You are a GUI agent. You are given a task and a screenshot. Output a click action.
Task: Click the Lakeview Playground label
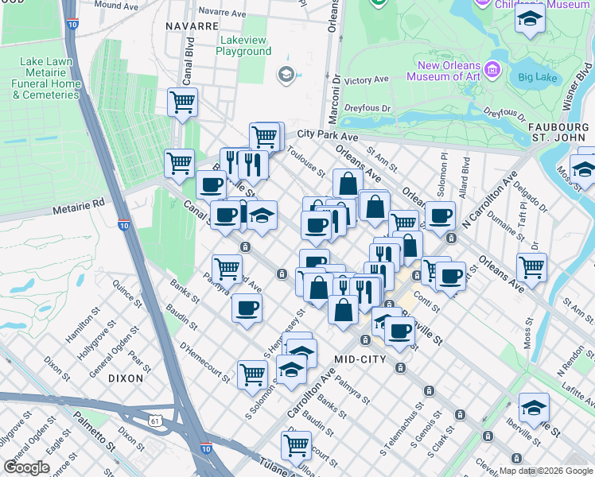pyautogui.click(x=243, y=45)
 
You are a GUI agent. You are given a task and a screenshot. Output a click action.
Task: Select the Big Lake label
pyautogui.click(x=536, y=77)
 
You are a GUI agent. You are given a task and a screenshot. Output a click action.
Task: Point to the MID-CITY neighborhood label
pyautogui.click(x=360, y=359)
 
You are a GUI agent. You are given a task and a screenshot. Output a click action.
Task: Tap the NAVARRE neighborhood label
pyautogui.click(x=192, y=26)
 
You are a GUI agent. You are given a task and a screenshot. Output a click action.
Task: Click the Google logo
pyautogui.click(x=27, y=467)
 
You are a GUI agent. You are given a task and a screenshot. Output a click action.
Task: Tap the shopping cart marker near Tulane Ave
pyautogui.click(x=297, y=444)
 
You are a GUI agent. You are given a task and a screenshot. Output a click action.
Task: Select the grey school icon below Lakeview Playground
pyautogui.click(x=285, y=75)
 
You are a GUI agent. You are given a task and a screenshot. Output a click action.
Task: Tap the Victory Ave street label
pyautogui.click(x=366, y=80)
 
